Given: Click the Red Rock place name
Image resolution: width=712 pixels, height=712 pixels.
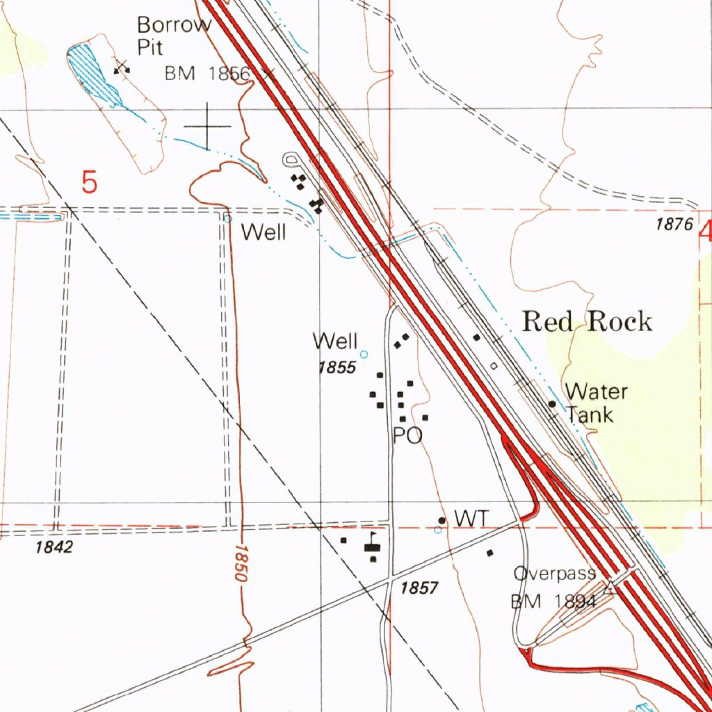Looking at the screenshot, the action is tap(588, 322).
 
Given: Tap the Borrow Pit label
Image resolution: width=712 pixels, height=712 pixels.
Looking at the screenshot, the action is tap(174, 35).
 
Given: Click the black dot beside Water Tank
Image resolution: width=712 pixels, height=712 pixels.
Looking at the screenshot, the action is tap(552, 403).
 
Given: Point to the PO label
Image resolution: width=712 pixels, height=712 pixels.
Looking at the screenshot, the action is tap(407, 436).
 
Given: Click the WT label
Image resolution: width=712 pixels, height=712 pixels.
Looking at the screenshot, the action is tap(472, 518).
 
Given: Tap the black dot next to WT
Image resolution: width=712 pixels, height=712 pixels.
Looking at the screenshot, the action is tap(442, 520).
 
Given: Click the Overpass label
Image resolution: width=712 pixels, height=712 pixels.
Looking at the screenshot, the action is tap(555, 574).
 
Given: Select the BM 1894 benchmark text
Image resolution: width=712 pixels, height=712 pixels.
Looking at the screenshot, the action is tap(554, 602).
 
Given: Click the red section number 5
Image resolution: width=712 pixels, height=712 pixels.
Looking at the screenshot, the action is tap(89, 183).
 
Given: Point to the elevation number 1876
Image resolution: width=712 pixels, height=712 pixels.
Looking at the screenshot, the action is tap(674, 224).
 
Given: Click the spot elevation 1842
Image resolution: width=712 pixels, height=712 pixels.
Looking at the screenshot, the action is tap(54, 547).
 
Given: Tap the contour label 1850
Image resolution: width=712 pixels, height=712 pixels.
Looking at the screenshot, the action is tap(241, 564).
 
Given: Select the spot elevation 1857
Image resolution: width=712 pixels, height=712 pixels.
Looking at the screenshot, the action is tap(419, 588).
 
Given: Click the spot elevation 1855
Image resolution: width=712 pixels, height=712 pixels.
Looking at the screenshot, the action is tap(337, 368).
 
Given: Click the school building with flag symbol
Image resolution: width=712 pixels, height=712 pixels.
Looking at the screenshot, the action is tap(373, 547).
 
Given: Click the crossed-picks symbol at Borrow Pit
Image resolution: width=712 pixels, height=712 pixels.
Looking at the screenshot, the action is tap(122, 67).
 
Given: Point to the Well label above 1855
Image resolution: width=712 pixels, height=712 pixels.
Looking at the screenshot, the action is tap(335, 341).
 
